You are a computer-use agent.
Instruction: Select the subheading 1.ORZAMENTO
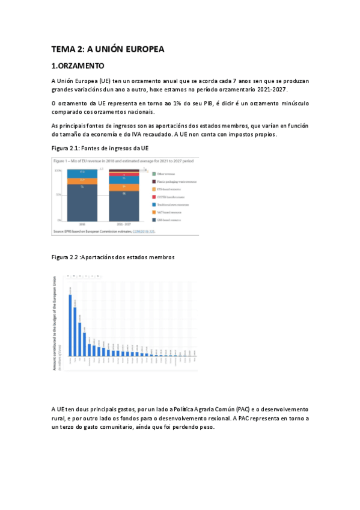78,66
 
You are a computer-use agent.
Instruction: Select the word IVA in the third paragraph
200,134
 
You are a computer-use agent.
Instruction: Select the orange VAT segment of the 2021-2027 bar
123,187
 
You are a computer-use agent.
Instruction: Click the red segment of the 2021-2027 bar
123,174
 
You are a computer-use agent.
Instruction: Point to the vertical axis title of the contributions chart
56,322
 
